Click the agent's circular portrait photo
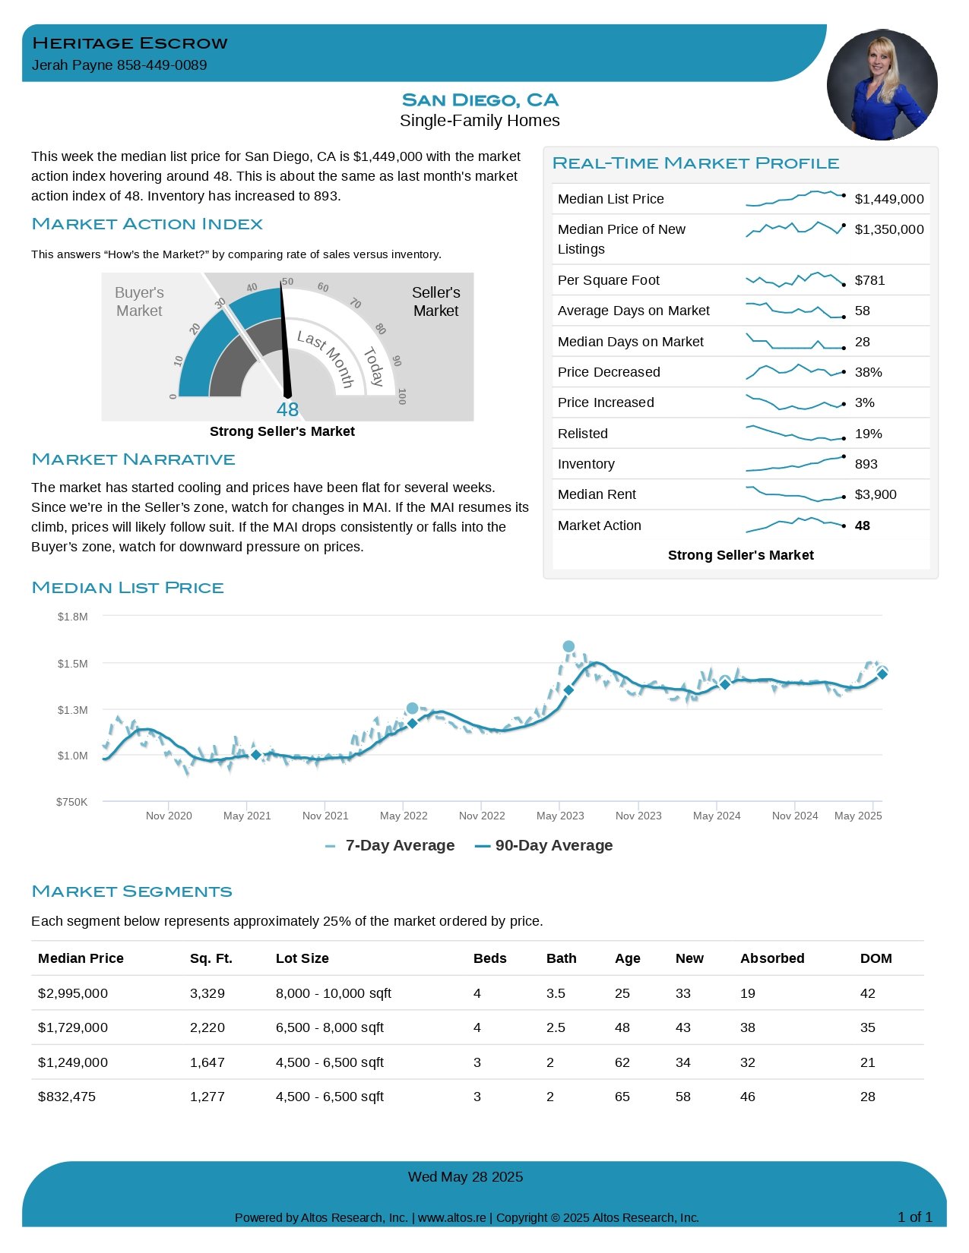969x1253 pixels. tap(882, 85)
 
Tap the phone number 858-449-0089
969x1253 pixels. tap(162, 65)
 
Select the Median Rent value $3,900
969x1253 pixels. tap(875, 494)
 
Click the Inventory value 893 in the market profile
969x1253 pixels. tap(866, 463)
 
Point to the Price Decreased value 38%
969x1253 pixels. tap(868, 372)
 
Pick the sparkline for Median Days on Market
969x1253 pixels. tap(795, 342)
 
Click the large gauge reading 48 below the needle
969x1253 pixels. tap(287, 409)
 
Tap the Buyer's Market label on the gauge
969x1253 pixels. tap(139, 301)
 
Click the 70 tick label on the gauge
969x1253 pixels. tap(356, 303)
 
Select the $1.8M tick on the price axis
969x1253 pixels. tap(73, 617)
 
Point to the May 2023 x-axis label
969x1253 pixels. tap(560, 816)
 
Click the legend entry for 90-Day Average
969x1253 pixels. tap(543, 845)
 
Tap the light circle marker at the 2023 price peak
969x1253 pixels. tap(568, 646)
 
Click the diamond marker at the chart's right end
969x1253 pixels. tap(882, 674)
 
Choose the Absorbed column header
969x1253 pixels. tap(772, 958)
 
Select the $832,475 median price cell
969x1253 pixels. tap(67, 1096)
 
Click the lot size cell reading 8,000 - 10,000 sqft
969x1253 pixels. tap(333, 993)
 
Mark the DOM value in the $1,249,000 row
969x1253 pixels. tap(867, 1062)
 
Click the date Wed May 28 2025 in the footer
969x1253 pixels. tap(465, 1176)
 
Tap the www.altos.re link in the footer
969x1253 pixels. tap(451, 1217)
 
